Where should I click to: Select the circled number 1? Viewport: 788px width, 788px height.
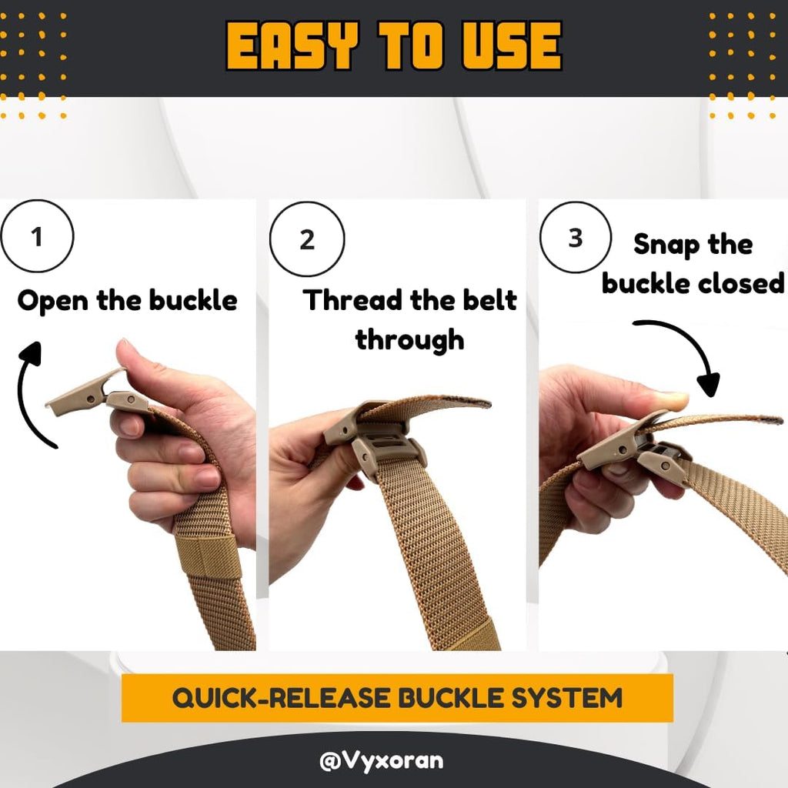click(x=38, y=236)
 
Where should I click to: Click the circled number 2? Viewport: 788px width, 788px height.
click(x=307, y=239)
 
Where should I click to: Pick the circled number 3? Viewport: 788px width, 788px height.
click(x=576, y=238)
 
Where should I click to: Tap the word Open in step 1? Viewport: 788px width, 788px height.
click(x=53, y=300)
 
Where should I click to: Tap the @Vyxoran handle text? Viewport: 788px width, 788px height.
click(x=381, y=761)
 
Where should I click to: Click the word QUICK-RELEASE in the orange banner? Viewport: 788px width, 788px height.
click(x=278, y=698)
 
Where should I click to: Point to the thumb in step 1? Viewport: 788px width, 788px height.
click(x=146, y=362)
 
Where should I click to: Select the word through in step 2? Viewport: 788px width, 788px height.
click(x=409, y=339)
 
